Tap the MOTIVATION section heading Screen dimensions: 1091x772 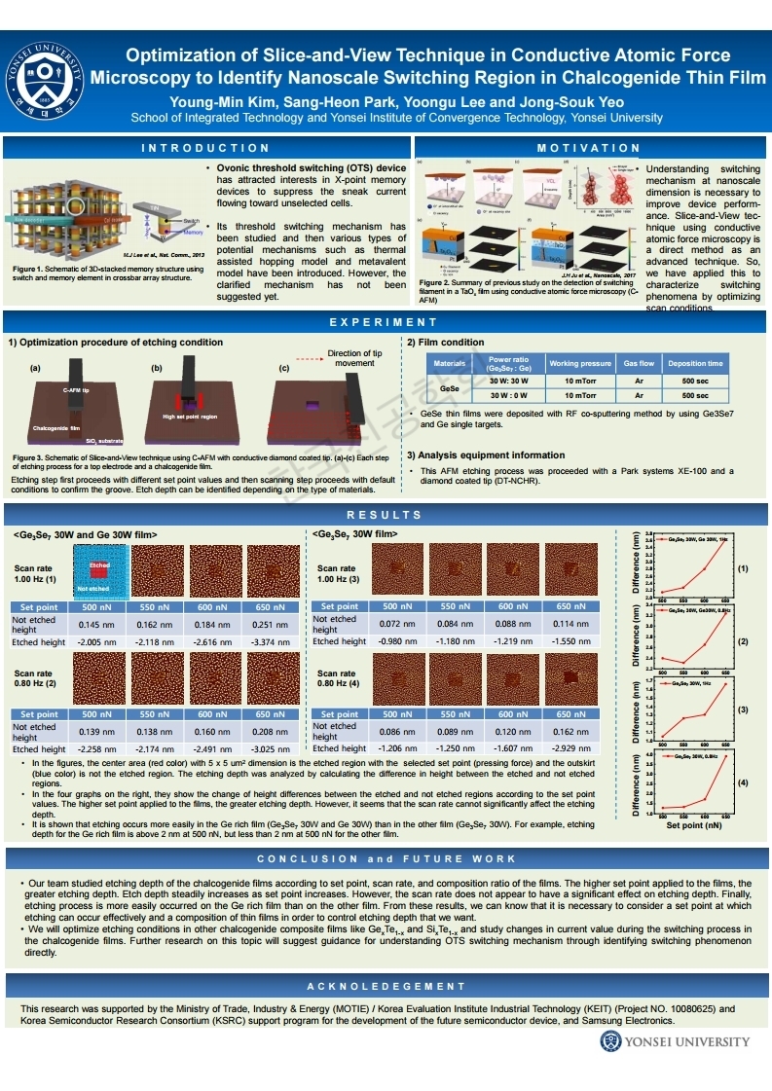click(x=588, y=148)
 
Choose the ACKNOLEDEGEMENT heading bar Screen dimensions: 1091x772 click(x=386, y=987)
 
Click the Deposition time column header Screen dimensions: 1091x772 click(x=695, y=364)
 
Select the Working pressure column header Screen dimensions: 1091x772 click(x=580, y=364)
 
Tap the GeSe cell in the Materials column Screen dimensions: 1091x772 click(x=450, y=388)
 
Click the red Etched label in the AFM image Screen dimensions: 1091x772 click(x=99, y=565)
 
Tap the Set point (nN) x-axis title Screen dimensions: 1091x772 click(x=693, y=825)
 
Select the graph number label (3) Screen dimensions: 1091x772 click(x=743, y=709)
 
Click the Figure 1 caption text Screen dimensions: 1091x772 click(x=107, y=273)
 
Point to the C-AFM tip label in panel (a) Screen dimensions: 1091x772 click(x=77, y=389)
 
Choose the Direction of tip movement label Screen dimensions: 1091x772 click(x=355, y=357)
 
